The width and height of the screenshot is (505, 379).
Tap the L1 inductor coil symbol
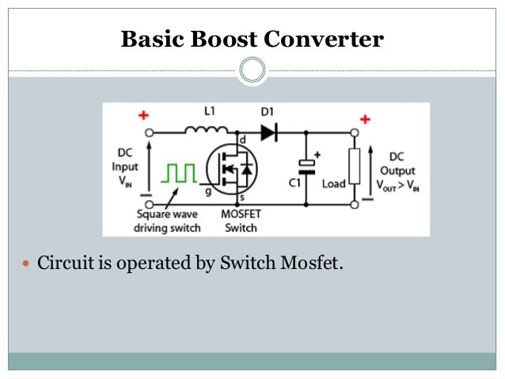tap(207, 130)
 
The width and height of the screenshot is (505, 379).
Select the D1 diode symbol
tap(269, 132)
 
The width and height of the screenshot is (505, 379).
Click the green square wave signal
tap(179, 173)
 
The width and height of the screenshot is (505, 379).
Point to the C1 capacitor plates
tap(306, 168)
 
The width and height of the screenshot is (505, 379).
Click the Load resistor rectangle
tap(355, 166)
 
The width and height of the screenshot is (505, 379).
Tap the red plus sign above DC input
tap(143, 115)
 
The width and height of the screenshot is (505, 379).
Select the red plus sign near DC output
tap(365, 119)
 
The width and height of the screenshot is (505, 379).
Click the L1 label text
tap(209, 111)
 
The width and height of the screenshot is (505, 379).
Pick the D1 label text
tap(267, 112)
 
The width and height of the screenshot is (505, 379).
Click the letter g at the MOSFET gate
tap(208, 191)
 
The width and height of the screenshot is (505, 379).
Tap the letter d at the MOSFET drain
tap(243, 140)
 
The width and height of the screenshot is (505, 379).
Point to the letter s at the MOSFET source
tap(242, 197)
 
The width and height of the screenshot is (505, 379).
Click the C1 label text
tap(294, 183)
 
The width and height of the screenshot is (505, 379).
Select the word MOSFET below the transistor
tap(241, 214)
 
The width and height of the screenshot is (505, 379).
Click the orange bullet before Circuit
tap(26, 263)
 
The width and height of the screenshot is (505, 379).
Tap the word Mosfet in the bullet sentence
tap(312, 263)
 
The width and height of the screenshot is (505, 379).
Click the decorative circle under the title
tap(252, 70)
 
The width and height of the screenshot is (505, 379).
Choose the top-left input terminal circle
tap(149, 132)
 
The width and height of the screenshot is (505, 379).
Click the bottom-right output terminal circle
tap(355, 204)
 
